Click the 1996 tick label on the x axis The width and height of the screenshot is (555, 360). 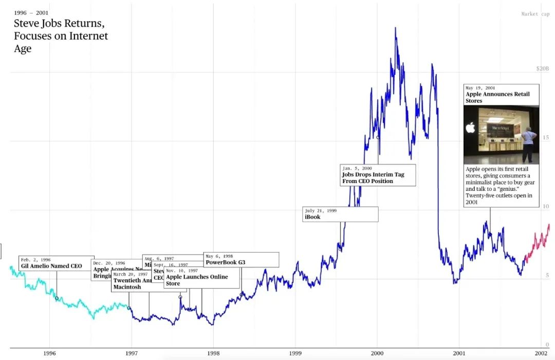pos(49,353)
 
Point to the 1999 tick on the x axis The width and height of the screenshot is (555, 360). pos(295,353)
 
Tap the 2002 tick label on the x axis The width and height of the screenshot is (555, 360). pos(540,353)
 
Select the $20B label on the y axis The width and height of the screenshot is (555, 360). pos(543,68)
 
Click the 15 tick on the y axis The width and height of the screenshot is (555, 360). pos(546,137)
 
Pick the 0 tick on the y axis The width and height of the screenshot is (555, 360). pos(547,345)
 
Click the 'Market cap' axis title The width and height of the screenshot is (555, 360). pos(535,14)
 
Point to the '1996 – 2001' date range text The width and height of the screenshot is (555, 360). pos(31,12)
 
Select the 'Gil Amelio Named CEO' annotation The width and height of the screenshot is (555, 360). pos(51,266)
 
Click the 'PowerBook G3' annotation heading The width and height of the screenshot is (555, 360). pos(225,262)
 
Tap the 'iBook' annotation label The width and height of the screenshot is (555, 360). pos(312,217)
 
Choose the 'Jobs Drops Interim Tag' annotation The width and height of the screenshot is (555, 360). pos(373,174)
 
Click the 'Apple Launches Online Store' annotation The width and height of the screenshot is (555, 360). pos(197,280)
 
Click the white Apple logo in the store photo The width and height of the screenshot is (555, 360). pos(470,128)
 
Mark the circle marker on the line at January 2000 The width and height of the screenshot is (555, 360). pos(378,137)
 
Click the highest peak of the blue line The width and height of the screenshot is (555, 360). pos(395,28)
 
